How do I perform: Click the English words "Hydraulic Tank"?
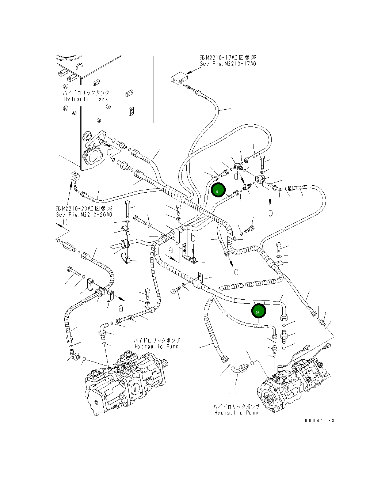point(86,99)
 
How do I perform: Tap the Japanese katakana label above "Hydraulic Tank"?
point(86,93)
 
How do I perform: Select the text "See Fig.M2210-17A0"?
point(228,64)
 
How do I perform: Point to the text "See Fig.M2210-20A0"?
point(84,215)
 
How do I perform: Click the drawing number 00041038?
point(320,420)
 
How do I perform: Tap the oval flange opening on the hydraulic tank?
point(92,158)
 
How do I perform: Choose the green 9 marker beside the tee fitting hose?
point(217,190)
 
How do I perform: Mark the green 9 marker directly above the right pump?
point(258,311)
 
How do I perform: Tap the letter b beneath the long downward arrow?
point(270,212)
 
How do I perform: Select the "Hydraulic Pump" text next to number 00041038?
point(236,413)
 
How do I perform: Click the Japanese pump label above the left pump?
point(156,340)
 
